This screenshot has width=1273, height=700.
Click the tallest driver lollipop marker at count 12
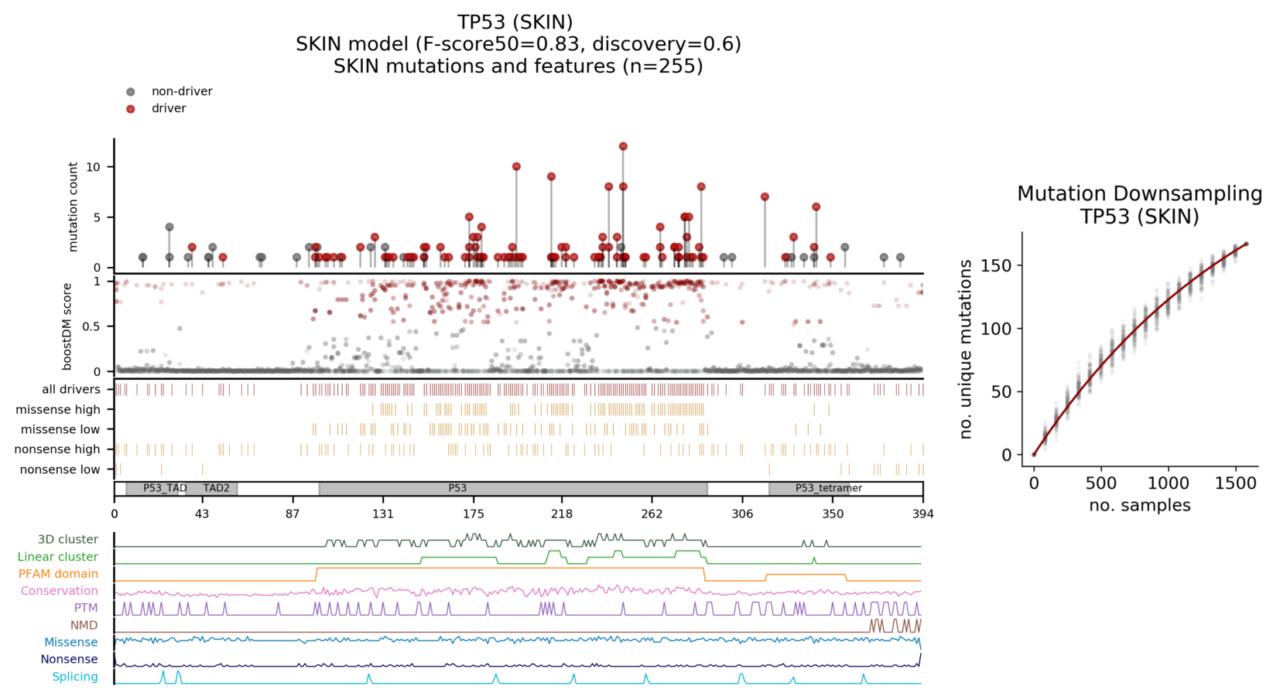point(623,146)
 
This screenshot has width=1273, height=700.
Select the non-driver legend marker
point(130,91)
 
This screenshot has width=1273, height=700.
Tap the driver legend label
point(169,108)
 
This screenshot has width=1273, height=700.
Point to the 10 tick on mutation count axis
point(94,167)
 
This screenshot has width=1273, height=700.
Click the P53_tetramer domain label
point(828,488)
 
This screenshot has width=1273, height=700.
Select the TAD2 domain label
point(216,488)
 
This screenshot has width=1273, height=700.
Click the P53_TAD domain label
point(165,488)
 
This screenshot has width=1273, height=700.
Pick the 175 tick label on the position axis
point(474,514)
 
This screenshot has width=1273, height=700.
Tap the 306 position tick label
point(742,514)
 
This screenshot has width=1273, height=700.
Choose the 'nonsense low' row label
point(60,470)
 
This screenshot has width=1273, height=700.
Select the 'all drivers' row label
point(71,389)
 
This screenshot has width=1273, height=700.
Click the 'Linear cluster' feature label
point(58,557)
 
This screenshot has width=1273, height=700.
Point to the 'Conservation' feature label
point(60,591)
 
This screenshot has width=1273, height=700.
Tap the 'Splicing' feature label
point(75,677)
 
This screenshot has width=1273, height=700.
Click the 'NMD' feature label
point(84,625)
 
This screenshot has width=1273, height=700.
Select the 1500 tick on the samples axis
point(1235,484)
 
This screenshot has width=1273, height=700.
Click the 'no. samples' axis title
point(1139,505)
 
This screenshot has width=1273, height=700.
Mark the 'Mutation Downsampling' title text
point(1139,193)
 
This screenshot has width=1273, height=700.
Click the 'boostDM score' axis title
point(67,326)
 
